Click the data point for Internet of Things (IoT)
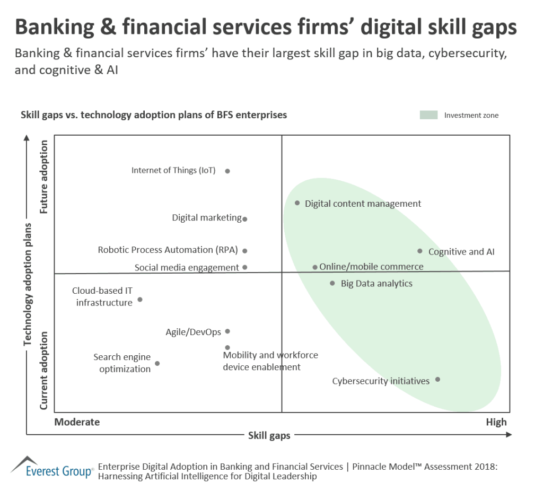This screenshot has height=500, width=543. [227, 171]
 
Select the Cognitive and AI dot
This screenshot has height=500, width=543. [420, 251]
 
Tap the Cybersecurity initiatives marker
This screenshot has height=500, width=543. [437, 380]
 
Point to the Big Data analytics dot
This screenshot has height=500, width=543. [332, 284]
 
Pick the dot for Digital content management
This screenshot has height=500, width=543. [297, 203]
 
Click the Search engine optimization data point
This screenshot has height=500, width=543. [157, 364]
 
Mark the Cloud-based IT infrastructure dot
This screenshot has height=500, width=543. [140, 300]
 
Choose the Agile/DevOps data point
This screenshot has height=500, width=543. [227, 331]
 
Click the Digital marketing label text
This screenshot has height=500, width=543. [207, 218]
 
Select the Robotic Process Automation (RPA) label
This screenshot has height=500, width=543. [168, 250]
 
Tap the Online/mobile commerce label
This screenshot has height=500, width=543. [371, 267]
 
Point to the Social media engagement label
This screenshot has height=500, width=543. [187, 268]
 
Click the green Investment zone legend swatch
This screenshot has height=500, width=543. [428, 115]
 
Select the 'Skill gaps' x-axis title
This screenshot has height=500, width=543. [269, 436]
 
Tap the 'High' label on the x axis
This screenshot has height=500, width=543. [496, 422]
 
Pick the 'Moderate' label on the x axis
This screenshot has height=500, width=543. [77, 422]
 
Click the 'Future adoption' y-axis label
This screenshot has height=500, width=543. [44, 177]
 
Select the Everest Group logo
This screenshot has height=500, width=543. [52, 467]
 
